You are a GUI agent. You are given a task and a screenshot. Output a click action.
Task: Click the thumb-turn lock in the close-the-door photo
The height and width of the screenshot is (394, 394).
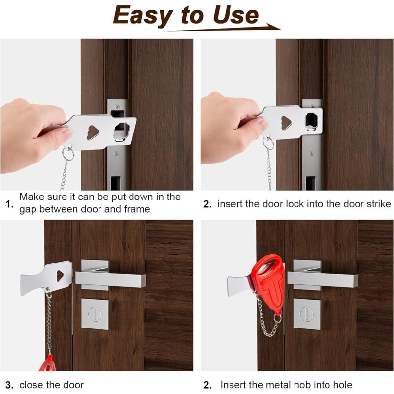95,314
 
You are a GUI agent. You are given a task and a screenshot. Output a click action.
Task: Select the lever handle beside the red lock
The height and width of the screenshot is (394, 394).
323,279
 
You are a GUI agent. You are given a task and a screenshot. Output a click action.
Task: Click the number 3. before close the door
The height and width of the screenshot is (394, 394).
9,385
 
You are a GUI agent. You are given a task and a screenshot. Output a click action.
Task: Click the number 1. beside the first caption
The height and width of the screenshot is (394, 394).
9,203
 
